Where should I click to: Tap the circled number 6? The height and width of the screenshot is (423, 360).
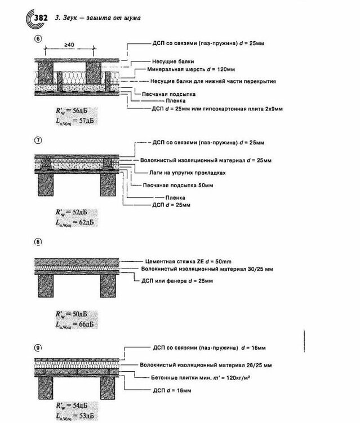pyautogui.click(x=38, y=39)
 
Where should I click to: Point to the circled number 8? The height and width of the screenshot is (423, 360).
pyautogui.click(x=38, y=242)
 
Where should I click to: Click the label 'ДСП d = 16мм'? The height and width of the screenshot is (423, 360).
pyautogui.click(x=172, y=389)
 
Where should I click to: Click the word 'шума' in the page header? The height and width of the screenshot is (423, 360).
pyautogui.click(x=131, y=18)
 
